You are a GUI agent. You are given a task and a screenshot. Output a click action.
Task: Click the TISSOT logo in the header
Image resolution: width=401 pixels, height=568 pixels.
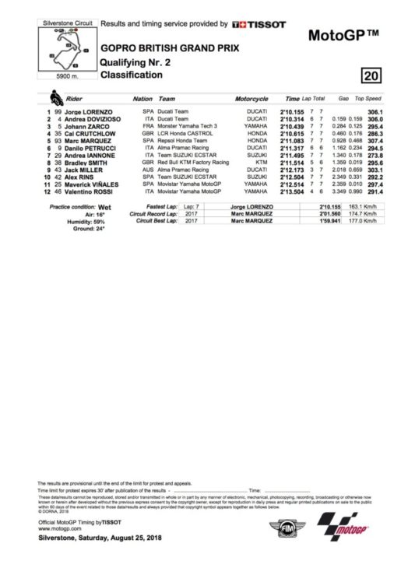pyautogui.click(x=259, y=25)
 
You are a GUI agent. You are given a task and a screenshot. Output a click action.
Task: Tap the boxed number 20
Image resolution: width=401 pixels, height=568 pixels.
pyautogui.click(x=371, y=75)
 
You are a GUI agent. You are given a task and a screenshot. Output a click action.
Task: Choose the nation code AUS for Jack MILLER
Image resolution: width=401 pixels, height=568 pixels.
pyautogui.click(x=142, y=170)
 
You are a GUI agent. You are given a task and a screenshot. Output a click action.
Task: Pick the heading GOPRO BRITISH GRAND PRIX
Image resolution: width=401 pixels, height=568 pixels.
pyautogui.click(x=157, y=47)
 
